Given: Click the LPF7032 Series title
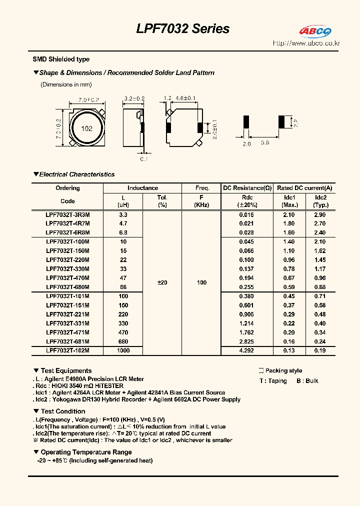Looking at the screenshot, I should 182,29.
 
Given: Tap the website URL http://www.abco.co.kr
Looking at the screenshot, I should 306,43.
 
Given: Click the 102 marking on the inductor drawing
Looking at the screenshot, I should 86,128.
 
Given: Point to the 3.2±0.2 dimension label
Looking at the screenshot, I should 133,99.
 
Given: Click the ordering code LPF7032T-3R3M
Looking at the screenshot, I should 67,214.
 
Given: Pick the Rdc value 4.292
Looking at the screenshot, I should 246,350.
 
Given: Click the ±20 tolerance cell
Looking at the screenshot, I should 162,282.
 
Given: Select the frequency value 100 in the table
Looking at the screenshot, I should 201,282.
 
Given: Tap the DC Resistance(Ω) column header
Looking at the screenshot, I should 247,188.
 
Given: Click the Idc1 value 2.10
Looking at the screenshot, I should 289,214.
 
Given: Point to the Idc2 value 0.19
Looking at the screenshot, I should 320,350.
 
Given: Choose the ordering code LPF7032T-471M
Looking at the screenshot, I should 67,332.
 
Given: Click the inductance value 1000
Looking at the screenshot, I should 123,350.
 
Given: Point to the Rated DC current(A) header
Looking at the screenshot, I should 304,188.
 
